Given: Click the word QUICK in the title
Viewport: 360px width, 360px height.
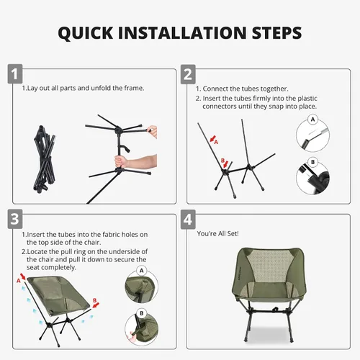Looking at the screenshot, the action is click(x=86, y=33).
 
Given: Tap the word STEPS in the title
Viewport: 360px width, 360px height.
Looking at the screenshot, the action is click(x=277, y=32).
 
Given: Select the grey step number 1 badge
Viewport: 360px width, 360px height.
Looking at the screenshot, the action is click(x=15, y=74).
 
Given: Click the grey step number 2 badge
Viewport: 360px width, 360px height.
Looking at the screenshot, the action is click(x=188, y=74).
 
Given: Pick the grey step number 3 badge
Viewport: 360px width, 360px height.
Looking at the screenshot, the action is click(x=15, y=219).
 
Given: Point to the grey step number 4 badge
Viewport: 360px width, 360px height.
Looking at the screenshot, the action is click(x=188, y=220).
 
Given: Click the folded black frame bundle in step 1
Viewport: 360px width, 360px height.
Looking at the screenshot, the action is click(x=44, y=158).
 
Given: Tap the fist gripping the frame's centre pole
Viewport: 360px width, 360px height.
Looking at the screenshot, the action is click(x=120, y=161).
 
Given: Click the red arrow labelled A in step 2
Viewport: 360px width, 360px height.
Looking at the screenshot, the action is click(x=212, y=138).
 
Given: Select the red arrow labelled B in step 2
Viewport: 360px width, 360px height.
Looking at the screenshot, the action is click(x=225, y=164).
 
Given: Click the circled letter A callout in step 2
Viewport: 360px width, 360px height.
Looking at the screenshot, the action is click(x=312, y=120).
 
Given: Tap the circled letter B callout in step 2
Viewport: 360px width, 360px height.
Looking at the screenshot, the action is click(x=312, y=162).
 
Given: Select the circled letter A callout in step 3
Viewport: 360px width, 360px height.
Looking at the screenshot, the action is click(x=142, y=271).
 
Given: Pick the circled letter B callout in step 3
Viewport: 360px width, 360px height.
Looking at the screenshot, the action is click(x=142, y=313).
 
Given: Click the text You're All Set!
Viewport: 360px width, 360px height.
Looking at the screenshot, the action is click(x=217, y=233).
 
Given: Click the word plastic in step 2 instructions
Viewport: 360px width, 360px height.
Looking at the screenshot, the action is click(x=307, y=99).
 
